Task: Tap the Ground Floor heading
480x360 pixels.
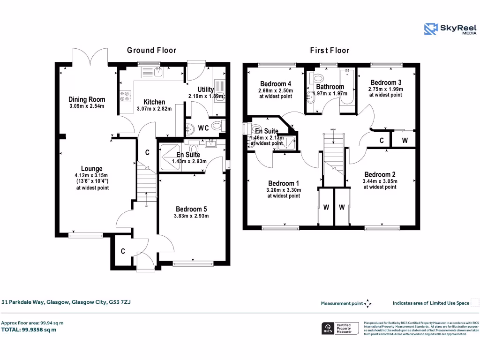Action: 151,50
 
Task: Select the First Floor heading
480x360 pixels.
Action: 330,50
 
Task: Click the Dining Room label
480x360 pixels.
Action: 87,99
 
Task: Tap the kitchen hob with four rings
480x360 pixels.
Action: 125,96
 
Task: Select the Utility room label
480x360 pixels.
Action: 206,90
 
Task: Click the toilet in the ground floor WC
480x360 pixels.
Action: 217,127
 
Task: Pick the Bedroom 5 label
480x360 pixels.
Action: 191,209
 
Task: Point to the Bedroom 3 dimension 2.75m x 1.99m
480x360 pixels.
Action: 386,89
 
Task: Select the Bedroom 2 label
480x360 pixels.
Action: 380,174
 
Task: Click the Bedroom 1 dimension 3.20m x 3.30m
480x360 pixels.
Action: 284,190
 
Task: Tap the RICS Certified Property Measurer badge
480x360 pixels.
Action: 339,329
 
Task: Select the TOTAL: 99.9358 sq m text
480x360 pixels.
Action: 29,330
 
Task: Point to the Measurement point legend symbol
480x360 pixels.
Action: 367,303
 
